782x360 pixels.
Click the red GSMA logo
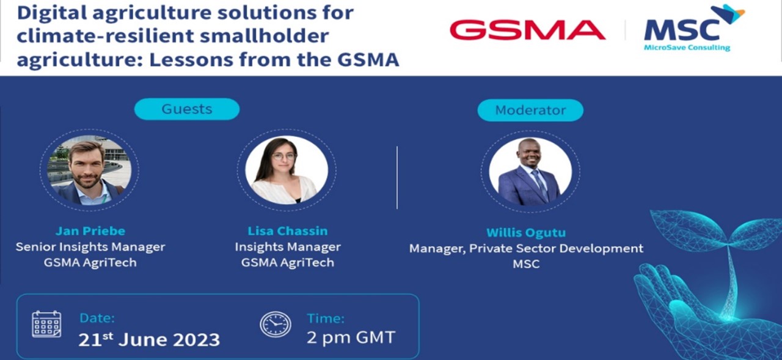coord(527,30)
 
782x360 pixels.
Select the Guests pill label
coord(187,109)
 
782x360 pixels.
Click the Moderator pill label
coord(530,111)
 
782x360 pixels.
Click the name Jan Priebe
coord(90,231)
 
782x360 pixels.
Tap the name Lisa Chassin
coord(288,231)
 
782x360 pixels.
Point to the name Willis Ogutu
coord(526,232)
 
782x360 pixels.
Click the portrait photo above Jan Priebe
coord(89,170)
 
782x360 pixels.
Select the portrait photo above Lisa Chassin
coord(287,170)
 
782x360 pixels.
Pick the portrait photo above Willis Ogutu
coord(530,172)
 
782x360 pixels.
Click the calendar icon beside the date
coord(46,324)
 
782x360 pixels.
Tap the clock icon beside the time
coord(276,325)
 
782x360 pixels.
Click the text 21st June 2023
coord(149,339)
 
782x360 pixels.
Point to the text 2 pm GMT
coord(351,337)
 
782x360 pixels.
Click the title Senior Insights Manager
coord(90,247)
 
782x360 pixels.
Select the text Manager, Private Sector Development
coord(526,249)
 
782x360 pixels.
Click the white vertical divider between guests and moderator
coord(397,177)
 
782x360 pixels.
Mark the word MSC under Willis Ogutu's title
coord(526,264)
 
